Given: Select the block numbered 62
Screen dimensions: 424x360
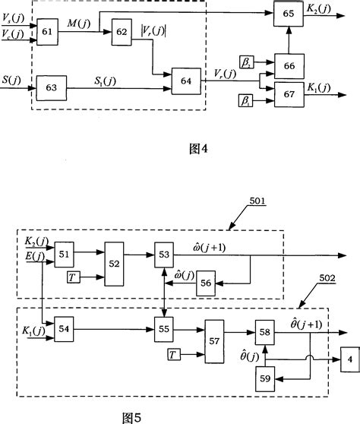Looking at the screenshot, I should [122, 33].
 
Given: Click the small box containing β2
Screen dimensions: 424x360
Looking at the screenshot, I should [246, 60].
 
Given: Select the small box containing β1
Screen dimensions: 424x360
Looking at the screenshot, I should [246, 98].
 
